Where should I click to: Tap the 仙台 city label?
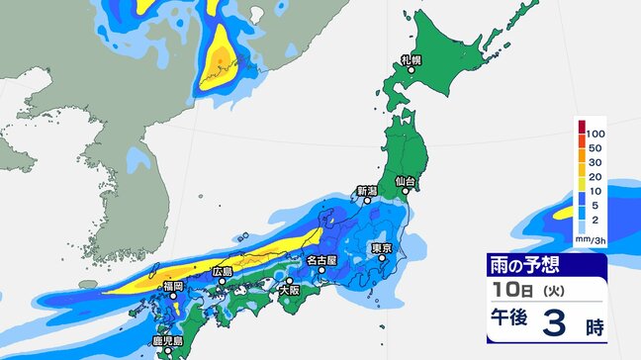[404, 182]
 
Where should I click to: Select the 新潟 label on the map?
[367, 191]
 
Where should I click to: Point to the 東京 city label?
[383, 248]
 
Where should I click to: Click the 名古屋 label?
[322, 261]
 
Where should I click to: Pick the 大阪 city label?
[289, 291]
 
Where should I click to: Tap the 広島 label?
[224, 271]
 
